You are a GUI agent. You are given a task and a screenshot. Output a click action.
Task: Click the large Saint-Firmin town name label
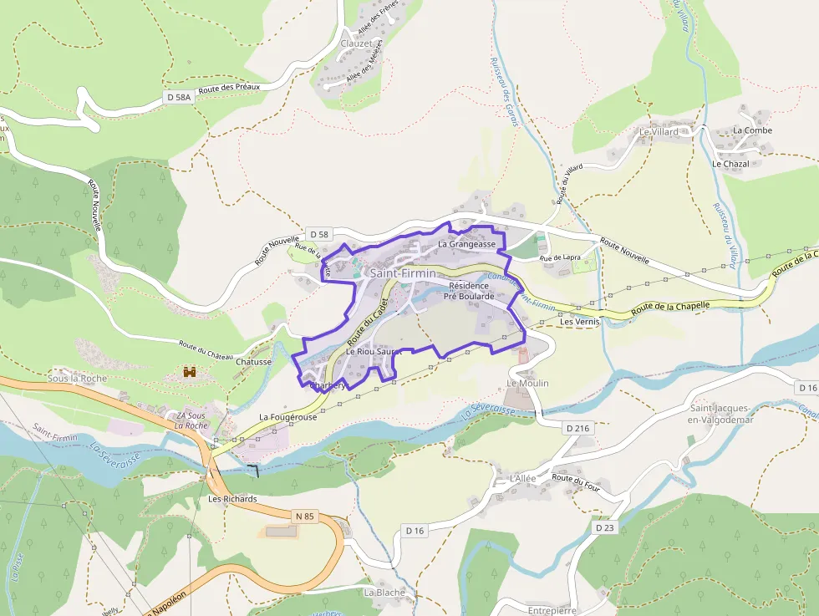click(x=402, y=273)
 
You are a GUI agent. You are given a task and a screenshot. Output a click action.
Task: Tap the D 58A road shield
click(x=179, y=98)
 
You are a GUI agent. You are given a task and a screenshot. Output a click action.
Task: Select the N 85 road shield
click(x=304, y=517)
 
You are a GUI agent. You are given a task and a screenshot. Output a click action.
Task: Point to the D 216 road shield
click(x=577, y=428)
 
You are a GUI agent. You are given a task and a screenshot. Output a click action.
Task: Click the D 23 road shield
click(x=605, y=528)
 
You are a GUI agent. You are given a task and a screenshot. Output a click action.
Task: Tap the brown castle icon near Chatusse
click(x=190, y=371)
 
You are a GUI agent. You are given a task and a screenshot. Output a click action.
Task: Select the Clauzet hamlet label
click(x=356, y=43)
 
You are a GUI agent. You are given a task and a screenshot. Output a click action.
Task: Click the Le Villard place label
click(x=659, y=132)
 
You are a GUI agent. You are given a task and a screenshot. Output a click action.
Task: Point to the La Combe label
click(x=752, y=130)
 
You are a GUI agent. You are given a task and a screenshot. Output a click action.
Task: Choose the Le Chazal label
click(x=730, y=164)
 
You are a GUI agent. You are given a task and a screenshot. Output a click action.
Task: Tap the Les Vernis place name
click(x=580, y=322)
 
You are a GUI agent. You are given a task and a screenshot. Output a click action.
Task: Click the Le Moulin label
click(x=527, y=383)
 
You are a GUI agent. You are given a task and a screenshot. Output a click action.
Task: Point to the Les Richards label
click(x=232, y=499)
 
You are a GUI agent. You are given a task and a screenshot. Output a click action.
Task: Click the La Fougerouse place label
click(x=287, y=416)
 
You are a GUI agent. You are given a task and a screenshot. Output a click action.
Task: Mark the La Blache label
click(x=384, y=593)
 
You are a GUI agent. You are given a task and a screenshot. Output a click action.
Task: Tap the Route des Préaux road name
click(x=229, y=89)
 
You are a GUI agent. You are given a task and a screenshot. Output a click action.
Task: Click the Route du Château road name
click(x=205, y=349)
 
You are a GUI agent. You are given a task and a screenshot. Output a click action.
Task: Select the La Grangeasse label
click(x=466, y=245)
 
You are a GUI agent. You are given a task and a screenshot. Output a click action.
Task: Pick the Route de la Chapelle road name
click(x=670, y=307)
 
